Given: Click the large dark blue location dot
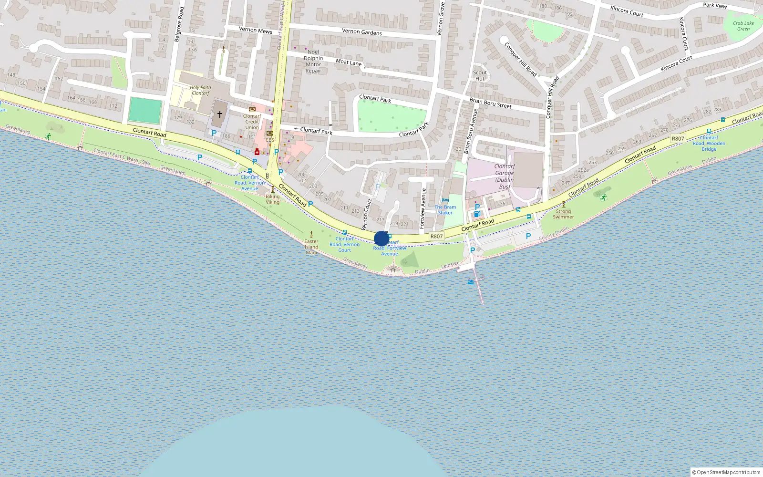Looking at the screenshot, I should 381,238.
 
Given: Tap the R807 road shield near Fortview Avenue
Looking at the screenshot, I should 436,236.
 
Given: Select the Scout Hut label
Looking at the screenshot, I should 480,76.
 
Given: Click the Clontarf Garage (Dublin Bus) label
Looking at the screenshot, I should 504,176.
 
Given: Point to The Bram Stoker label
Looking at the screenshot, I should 445,210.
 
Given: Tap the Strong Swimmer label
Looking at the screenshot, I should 563,214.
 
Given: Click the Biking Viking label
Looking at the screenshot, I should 273,199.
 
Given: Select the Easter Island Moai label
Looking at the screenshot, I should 311,247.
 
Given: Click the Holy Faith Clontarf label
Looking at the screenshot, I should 200,90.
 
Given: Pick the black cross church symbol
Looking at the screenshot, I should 219,114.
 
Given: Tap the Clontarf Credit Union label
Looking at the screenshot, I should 252,122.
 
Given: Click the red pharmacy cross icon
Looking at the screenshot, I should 257,152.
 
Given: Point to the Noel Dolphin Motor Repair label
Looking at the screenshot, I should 313,62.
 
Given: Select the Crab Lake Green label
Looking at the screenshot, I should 743,26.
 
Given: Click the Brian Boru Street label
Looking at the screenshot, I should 490,103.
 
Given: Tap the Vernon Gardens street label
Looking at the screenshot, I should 362,32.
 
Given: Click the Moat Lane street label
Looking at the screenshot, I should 349,62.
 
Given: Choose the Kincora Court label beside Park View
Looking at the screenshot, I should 627,11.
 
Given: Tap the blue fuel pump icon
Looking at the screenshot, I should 476,214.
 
